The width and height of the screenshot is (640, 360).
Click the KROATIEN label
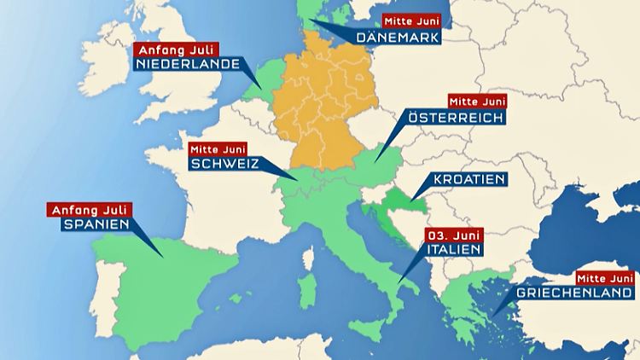click(465, 180)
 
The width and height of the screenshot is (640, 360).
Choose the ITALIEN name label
click(452, 250)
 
